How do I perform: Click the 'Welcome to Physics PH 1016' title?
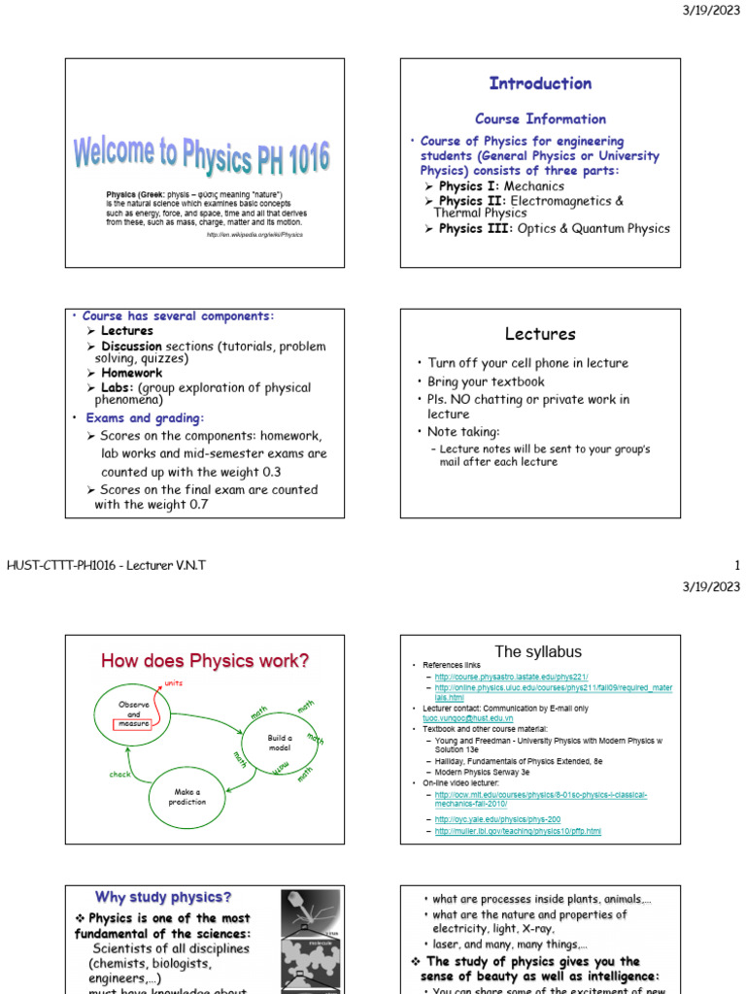202,156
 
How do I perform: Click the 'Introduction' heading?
540,83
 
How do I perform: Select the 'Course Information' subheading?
540,118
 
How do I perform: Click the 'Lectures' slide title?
540,334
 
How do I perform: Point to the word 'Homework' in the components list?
132,373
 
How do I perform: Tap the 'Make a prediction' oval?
187,798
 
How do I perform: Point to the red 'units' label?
173,683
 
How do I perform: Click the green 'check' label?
119,775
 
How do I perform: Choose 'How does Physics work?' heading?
205,661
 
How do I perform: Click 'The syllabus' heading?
540,651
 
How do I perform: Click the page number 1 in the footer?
737,565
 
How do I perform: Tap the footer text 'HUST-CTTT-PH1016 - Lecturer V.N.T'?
107,565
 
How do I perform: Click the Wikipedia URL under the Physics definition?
254,234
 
